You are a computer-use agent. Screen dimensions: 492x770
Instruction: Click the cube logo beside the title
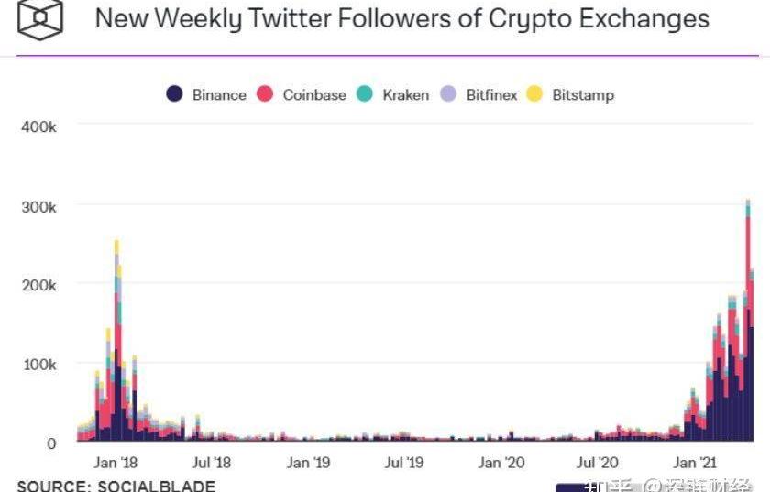click(x=38, y=20)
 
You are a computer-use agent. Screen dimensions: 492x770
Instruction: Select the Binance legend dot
click(x=174, y=94)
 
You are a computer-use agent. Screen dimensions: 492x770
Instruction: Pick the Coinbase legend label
click(x=314, y=95)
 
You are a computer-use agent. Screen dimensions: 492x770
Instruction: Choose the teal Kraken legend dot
click(x=365, y=94)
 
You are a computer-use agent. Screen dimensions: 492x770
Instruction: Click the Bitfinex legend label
click(x=491, y=95)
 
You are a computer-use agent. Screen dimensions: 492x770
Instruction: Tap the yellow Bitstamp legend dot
click(x=534, y=94)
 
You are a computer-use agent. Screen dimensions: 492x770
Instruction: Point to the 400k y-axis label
click(x=38, y=127)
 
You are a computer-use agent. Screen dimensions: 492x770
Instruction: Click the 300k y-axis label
click(x=38, y=207)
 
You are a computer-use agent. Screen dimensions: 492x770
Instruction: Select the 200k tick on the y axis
click(x=38, y=286)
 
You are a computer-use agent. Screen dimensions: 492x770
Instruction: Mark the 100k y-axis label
click(x=38, y=365)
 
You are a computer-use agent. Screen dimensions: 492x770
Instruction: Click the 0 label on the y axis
click(x=51, y=443)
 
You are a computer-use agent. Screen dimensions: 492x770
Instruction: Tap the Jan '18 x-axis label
click(x=117, y=463)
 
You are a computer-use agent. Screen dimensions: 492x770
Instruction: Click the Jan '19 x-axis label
click(x=308, y=463)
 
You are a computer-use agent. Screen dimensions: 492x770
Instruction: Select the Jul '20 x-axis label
click(x=598, y=463)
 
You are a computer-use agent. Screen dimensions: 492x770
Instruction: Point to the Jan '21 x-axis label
click(x=695, y=463)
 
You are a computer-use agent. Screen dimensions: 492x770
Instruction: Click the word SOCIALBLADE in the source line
click(x=155, y=486)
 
